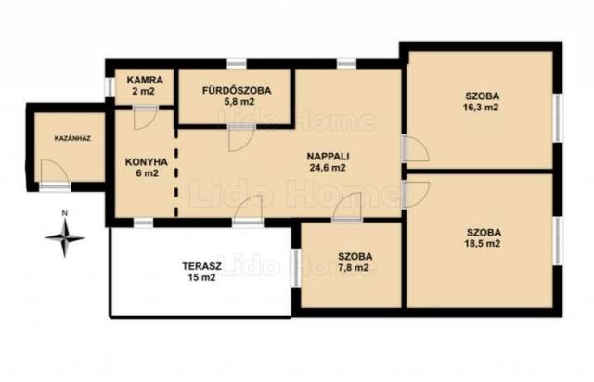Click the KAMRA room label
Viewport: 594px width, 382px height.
coord(145,80)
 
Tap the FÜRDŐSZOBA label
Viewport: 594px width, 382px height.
coord(237,91)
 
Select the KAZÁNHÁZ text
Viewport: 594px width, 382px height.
coord(72,138)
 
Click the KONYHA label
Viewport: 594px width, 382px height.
coord(147,162)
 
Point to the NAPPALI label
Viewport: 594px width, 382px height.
coord(328,156)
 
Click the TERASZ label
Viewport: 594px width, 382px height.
coord(202,266)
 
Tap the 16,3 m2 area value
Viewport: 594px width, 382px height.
coord(481,108)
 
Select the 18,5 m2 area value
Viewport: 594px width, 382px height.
coord(482,243)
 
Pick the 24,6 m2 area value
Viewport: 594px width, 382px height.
coord(328,167)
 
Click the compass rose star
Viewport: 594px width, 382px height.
coord(65,238)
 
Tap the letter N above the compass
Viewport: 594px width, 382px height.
coord(65,213)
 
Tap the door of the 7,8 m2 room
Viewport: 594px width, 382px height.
coord(348,206)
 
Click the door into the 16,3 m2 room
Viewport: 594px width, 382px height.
coord(415,148)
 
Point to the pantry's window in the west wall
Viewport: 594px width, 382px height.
coord(110,87)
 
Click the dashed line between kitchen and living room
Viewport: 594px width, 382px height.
coord(175,173)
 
